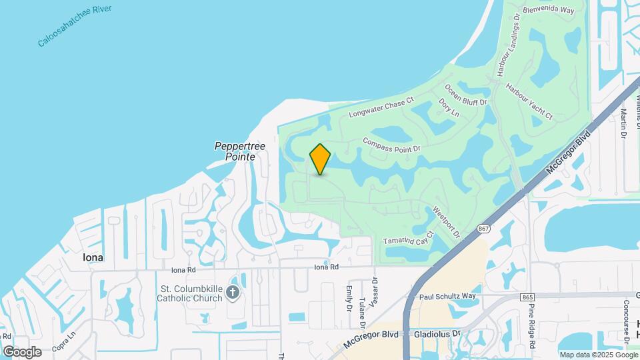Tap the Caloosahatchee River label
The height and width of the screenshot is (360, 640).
coord(75,26)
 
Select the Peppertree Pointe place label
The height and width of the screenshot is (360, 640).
coord(236,151)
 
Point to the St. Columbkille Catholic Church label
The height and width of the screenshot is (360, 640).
coord(189,293)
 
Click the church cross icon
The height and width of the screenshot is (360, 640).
coord(232,291)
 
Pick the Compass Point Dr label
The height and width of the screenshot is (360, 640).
coord(392,143)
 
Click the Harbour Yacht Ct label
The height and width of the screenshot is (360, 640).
coord(529,102)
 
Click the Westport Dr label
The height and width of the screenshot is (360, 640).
coord(447,222)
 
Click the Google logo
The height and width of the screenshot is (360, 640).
coord(22,351)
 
